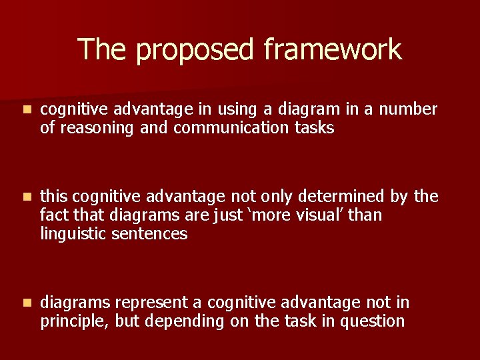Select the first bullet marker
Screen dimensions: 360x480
pos(25,109)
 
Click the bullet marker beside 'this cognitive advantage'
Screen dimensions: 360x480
pos(25,197)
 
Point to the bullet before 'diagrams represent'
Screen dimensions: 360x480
pos(25,303)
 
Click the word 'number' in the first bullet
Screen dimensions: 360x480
pos(408,109)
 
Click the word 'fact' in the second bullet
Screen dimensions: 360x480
pos(53,215)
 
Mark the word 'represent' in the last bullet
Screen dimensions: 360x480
pos(151,303)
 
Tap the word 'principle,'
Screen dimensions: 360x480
pos(75,322)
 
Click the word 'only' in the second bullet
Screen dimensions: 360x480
pos(278,197)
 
